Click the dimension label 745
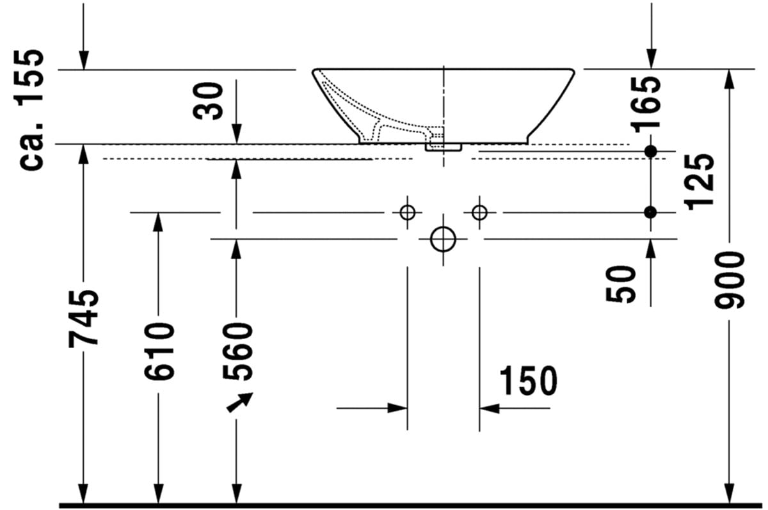point(84,317)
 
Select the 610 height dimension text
point(159,351)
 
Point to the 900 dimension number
point(730,280)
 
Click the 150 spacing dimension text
point(528,381)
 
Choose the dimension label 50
point(621,283)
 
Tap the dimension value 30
point(210,100)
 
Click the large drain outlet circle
point(443,239)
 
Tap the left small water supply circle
point(407,212)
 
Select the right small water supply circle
point(479,212)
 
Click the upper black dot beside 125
point(651,151)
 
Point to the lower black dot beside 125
point(651,212)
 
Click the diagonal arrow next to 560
point(240,402)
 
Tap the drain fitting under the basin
point(443,147)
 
